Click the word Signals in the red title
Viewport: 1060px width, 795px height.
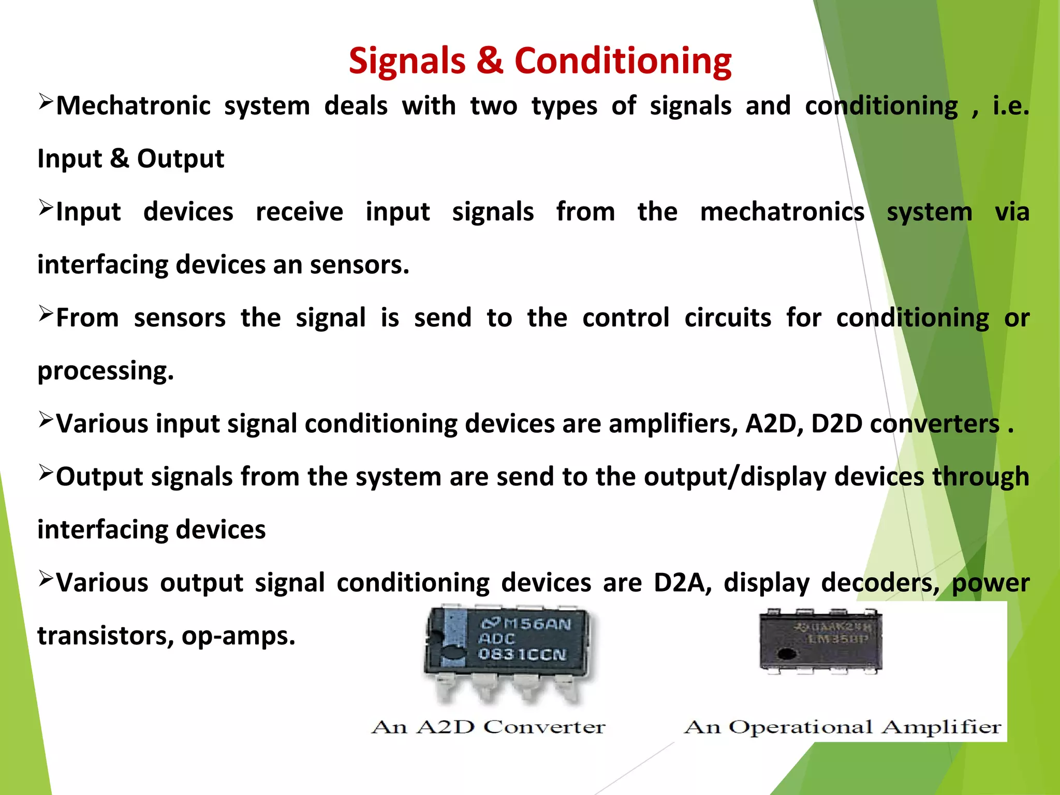pyautogui.click(x=407, y=61)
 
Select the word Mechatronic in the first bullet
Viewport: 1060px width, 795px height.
pyautogui.click(x=133, y=106)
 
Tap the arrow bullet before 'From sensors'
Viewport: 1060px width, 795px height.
pyautogui.click(x=46, y=314)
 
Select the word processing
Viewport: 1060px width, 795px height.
pyautogui.click(x=106, y=372)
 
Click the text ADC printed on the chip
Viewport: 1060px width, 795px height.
pyautogui.click(x=496, y=639)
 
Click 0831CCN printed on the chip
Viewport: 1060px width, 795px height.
pyautogui.click(x=523, y=654)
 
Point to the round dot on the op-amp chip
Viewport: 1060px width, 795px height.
pyautogui.click(x=787, y=654)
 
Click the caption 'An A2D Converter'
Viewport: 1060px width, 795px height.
pyautogui.click(x=488, y=727)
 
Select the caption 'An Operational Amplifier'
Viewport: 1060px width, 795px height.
pyautogui.click(x=843, y=727)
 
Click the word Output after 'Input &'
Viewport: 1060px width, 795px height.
pyautogui.click(x=180, y=159)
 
